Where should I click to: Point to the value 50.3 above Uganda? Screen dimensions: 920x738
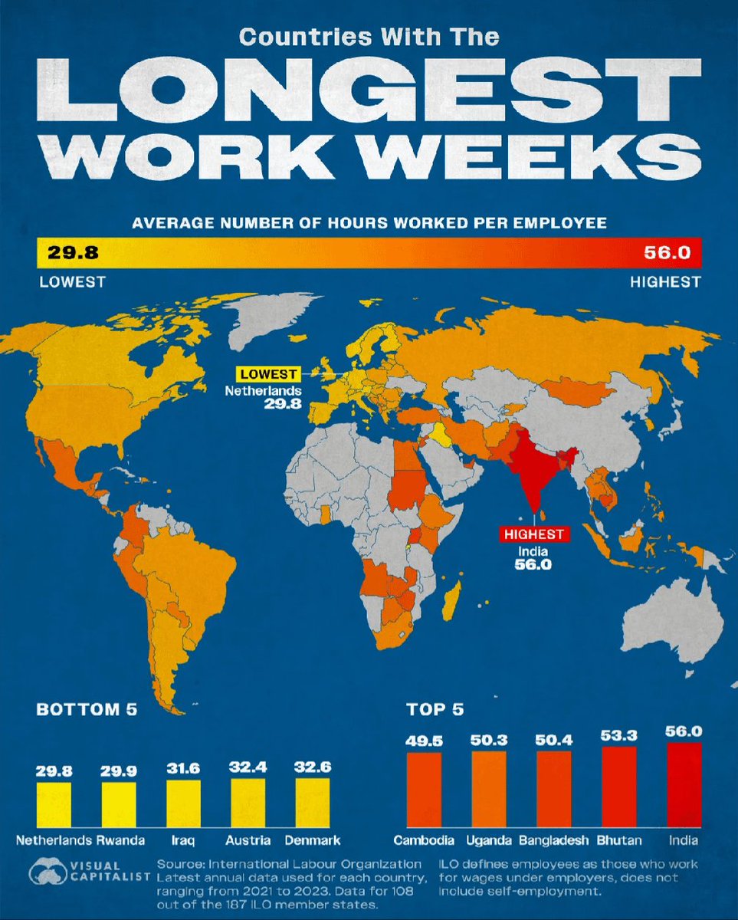coord(489,739)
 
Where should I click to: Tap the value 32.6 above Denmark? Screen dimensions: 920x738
coord(312,767)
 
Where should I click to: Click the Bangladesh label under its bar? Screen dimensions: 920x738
coord(554,839)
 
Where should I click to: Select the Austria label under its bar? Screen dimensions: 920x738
coord(248,839)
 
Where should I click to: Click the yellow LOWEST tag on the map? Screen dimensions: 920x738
coord(268,375)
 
